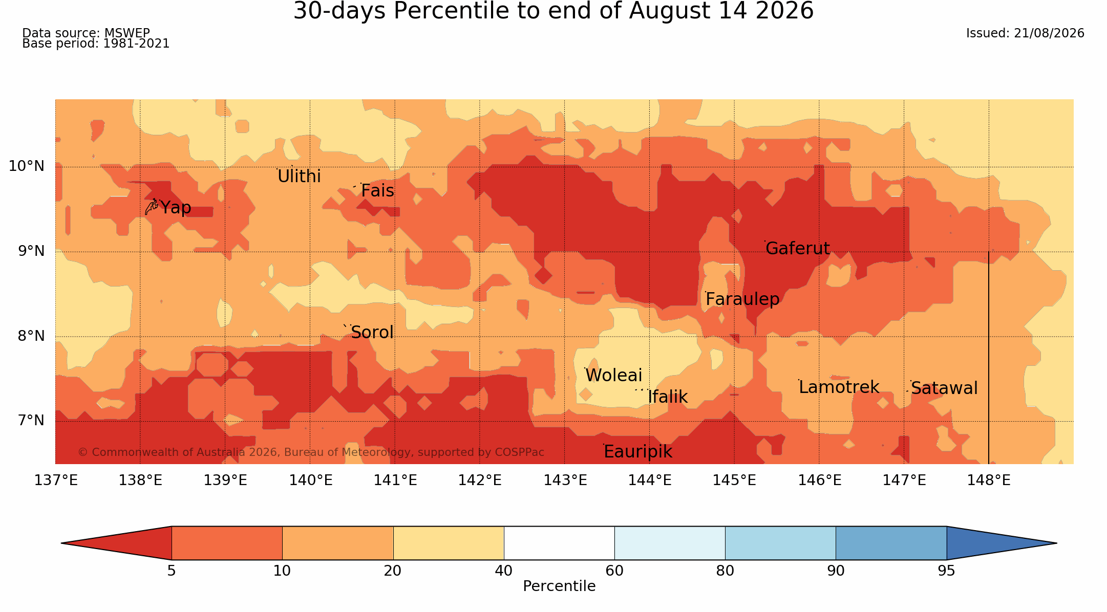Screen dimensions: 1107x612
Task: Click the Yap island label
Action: coord(176,208)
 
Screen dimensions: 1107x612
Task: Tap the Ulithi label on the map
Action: coord(299,176)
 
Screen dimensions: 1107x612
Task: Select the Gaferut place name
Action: coord(797,248)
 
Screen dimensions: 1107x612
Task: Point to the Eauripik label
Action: coord(637,451)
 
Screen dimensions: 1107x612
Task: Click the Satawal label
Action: coord(944,388)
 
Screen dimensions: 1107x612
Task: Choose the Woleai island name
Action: coord(613,375)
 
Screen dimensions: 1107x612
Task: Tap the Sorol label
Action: coord(372,333)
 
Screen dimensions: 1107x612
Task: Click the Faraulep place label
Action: coord(742,299)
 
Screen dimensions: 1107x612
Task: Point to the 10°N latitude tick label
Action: coord(27,166)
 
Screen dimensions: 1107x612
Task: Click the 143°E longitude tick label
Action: coord(565,480)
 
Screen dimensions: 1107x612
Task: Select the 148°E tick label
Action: coord(989,480)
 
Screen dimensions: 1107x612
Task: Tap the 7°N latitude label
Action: coord(31,420)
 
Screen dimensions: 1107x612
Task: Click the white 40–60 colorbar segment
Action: coord(559,543)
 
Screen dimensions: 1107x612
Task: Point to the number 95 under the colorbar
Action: coord(946,571)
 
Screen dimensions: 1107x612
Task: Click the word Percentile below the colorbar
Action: coord(559,586)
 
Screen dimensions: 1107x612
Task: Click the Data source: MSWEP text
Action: coord(86,33)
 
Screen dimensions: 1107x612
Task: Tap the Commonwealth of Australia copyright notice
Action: coord(311,452)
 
